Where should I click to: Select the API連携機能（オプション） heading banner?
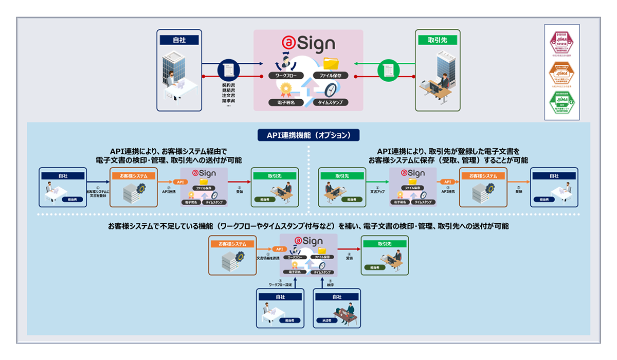pyautogui.click(x=308, y=135)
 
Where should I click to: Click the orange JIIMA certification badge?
pyautogui.click(x=561, y=74)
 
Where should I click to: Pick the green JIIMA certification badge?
pyautogui.click(x=561, y=103)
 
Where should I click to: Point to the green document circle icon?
pyautogui.click(x=388, y=69)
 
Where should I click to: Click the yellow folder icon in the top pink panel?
pyautogui.click(x=332, y=63)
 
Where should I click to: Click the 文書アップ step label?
pyautogui.click(x=378, y=191)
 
